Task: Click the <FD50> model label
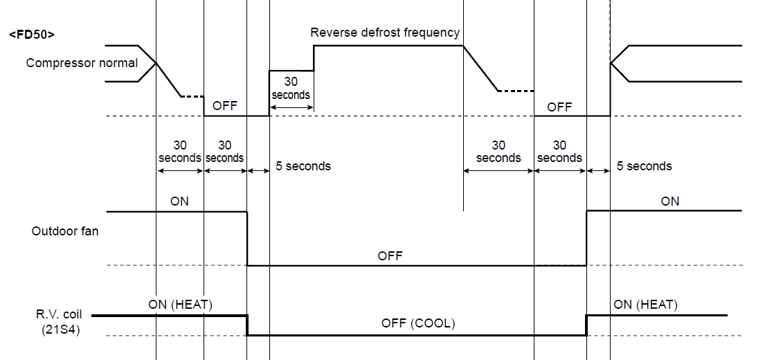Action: (x=32, y=34)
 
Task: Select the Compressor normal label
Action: (x=82, y=63)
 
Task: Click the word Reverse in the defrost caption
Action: (x=332, y=33)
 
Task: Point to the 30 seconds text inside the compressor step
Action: (x=291, y=88)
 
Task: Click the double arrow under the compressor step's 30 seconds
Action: (x=291, y=108)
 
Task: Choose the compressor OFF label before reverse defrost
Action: (x=225, y=106)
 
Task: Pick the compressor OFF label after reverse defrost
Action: (x=559, y=107)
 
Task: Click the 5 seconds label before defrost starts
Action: (x=303, y=166)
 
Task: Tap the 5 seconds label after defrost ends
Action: (x=644, y=166)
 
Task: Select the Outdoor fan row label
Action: (x=65, y=231)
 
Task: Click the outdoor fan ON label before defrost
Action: (x=179, y=201)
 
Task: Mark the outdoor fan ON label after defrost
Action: (x=670, y=201)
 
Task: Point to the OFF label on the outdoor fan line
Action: (x=390, y=255)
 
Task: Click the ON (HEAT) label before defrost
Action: (x=180, y=305)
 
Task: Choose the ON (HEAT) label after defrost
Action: (x=645, y=305)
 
